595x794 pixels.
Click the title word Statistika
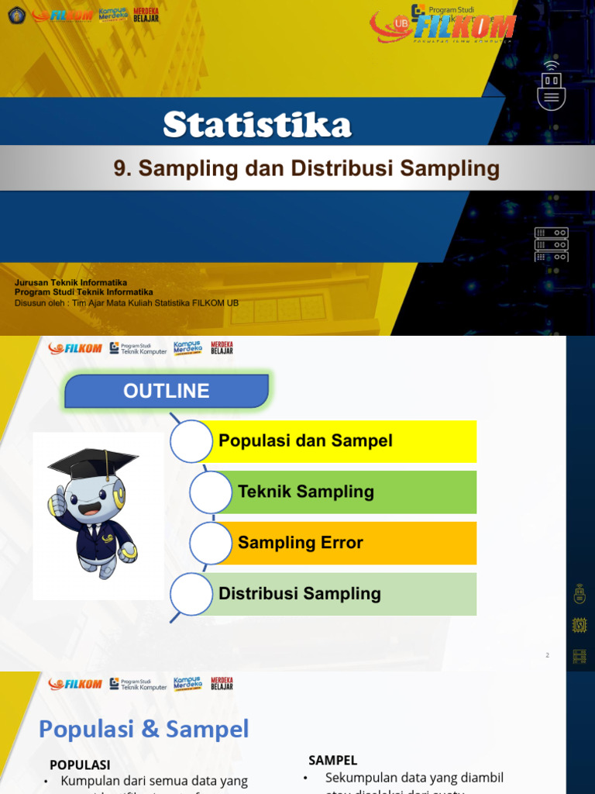pos(257,125)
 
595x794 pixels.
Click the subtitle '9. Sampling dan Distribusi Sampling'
pos(306,168)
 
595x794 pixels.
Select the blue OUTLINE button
pos(167,391)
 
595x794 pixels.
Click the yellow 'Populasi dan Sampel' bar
pos(341,441)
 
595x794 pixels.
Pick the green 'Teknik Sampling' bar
pos(353,492)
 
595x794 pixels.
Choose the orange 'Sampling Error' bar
pos(353,543)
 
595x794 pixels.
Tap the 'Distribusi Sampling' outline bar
pos(341,594)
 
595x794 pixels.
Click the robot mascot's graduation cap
pos(92,463)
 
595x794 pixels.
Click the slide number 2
pos(547,655)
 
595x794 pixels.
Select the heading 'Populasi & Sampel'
pos(144,729)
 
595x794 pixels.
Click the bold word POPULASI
pos(80,765)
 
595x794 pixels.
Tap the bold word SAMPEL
pos(332,761)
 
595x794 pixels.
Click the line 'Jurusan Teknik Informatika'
pos(71,283)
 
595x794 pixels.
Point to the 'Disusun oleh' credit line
pos(126,303)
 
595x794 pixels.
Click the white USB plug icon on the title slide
pos(551,86)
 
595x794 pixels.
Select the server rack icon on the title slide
pos(551,244)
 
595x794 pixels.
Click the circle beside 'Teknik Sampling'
pos(211,492)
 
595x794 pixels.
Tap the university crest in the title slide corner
pos(16,15)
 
